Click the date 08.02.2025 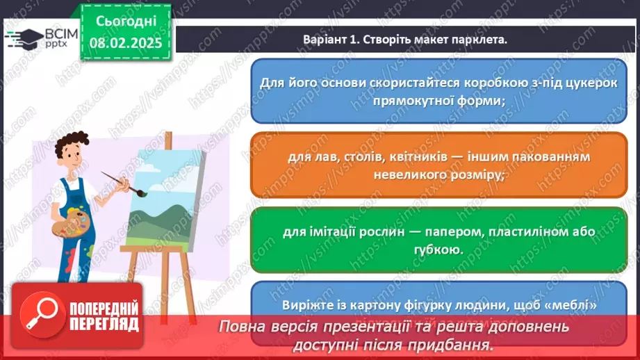pyautogui.click(x=126, y=42)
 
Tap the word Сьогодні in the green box pyautogui.click(x=126, y=21)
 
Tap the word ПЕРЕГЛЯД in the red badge pyautogui.click(x=104, y=324)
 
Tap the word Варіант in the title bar pyautogui.click(x=325, y=40)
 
